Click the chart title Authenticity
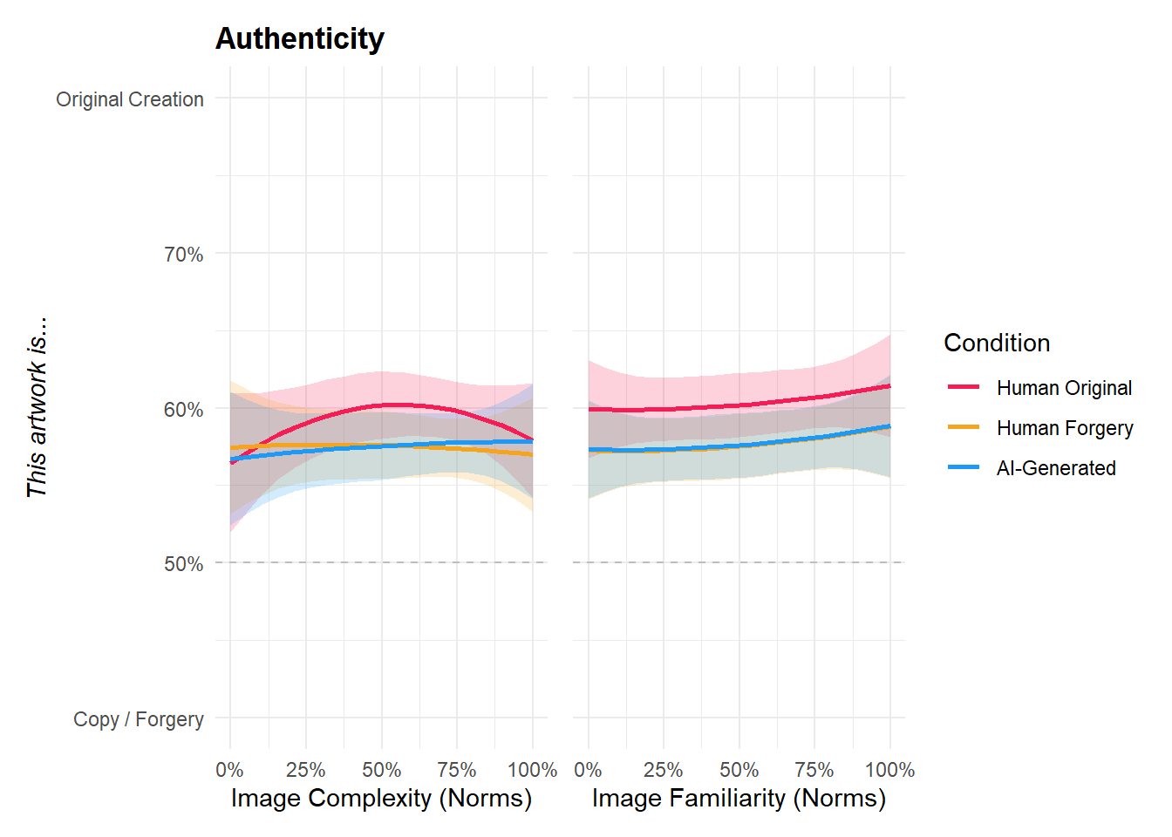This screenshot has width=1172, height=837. (299, 39)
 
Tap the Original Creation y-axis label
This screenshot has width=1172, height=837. (130, 99)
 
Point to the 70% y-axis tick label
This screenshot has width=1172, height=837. (183, 255)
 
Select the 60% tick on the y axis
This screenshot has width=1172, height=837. (183, 410)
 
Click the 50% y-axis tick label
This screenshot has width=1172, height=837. (183, 564)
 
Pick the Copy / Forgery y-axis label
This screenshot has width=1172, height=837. (139, 719)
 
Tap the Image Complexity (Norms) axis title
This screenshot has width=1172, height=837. (381, 799)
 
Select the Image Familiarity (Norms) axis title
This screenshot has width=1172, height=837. (739, 799)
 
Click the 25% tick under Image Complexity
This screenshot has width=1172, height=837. (305, 771)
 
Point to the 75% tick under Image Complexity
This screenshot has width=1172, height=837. (457, 771)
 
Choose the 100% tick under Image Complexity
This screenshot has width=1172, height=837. (532, 771)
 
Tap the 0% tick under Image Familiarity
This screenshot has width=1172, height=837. (588, 771)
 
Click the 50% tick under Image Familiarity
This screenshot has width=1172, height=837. (739, 771)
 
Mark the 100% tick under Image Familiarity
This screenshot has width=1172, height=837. (889, 771)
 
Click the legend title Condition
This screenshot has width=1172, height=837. (997, 343)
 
